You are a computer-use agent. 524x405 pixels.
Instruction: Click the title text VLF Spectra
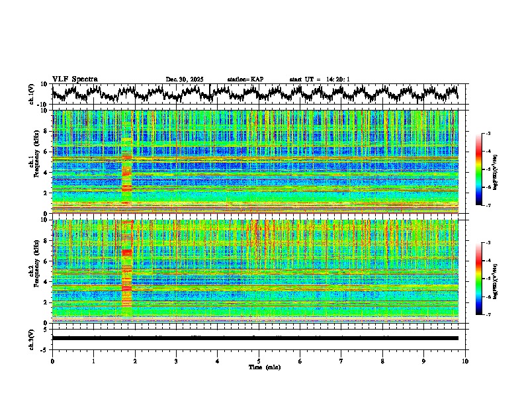[x=75, y=79]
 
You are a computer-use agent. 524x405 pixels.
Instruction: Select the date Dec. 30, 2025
[x=185, y=79]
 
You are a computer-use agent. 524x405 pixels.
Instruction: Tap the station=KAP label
[x=245, y=79]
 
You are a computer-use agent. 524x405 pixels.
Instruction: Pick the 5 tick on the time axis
[x=259, y=361]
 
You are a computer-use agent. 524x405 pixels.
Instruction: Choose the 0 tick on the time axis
[x=52, y=361]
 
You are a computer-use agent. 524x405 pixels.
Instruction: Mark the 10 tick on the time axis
[x=465, y=361]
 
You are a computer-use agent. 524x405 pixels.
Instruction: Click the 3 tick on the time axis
[x=176, y=361]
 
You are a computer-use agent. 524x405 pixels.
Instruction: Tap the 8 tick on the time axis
[x=382, y=361]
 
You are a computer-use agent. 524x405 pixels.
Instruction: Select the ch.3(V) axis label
[x=31, y=337]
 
